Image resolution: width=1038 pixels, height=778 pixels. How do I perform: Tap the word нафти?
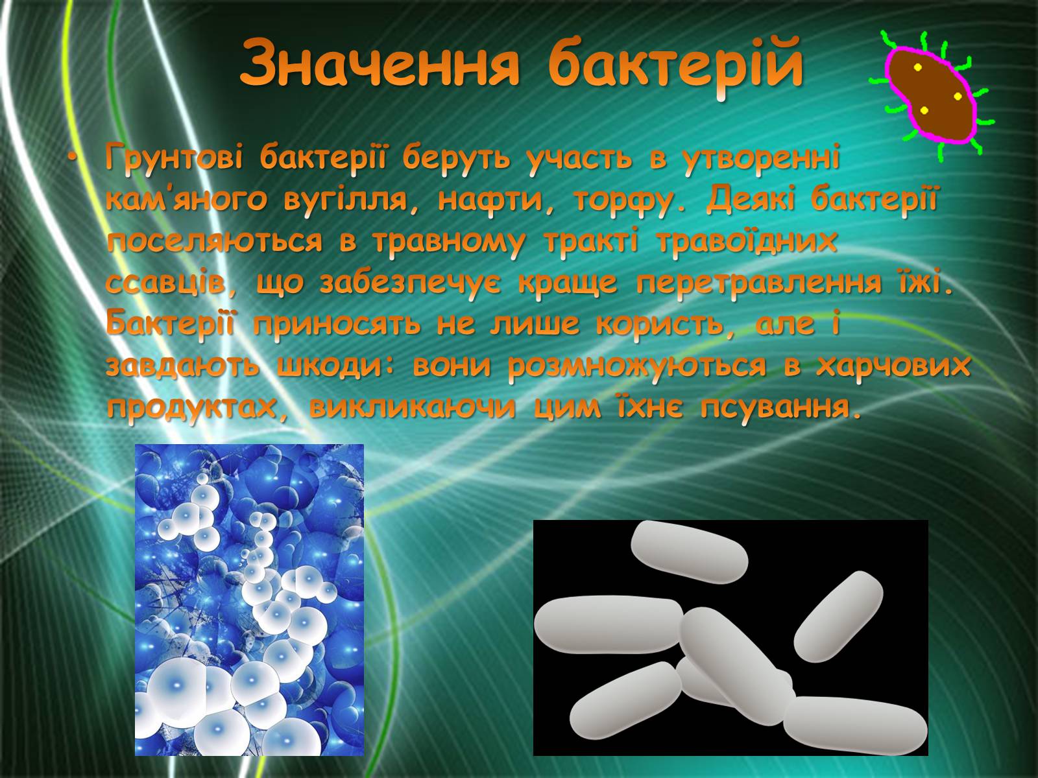[492, 200]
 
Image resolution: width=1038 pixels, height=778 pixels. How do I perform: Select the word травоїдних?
[747, 241]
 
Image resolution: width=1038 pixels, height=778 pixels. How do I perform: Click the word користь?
[662, 325]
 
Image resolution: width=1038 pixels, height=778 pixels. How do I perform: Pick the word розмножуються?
[636, 366]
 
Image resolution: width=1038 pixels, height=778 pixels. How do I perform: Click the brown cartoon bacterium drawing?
[932, 97]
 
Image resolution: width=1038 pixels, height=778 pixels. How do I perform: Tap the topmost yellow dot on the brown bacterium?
[918, 67]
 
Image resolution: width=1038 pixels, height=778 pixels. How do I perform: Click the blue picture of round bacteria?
[249, 600]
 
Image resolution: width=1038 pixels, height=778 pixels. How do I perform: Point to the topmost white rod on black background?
[690, 552]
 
